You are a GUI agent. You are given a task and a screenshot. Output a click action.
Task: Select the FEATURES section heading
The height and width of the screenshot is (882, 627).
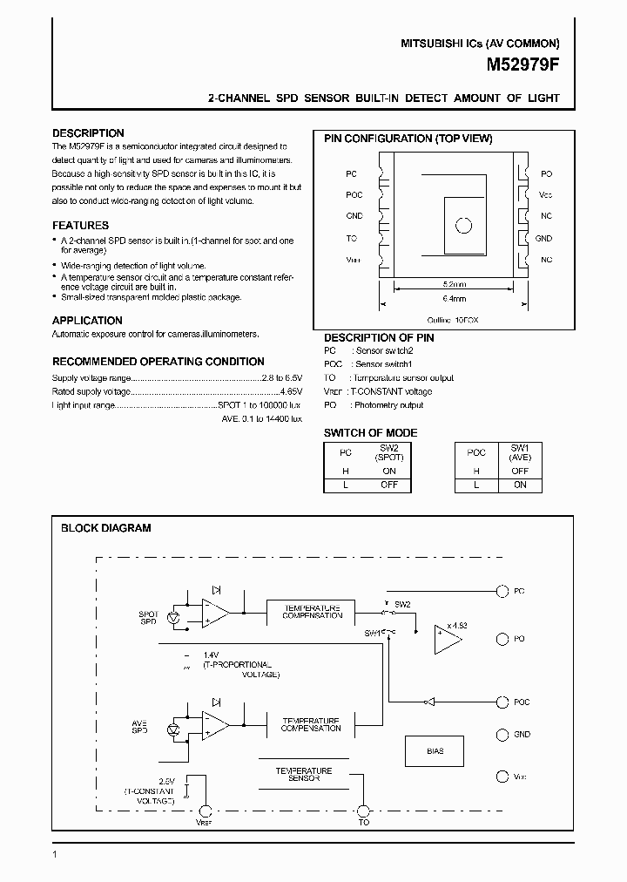point(80,226)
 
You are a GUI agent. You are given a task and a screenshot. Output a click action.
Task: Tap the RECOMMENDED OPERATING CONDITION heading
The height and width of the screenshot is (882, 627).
point(158,362)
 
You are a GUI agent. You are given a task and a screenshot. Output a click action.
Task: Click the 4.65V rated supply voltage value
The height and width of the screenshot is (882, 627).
point(290,392)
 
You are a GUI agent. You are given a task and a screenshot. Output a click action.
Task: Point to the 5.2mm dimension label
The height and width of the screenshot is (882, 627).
point(455,284)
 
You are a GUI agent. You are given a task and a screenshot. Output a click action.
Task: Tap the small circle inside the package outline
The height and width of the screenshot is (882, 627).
point(463,225)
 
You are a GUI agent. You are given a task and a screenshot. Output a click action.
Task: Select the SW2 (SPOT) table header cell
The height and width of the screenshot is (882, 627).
point(389,453)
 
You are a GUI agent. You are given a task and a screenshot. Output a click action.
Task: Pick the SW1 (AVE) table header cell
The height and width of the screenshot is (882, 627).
point(520,453)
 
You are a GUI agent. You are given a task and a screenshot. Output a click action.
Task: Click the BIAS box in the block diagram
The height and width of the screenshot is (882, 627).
point(435,750)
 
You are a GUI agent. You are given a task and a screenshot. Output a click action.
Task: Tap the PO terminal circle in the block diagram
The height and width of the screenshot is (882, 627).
point(501,639)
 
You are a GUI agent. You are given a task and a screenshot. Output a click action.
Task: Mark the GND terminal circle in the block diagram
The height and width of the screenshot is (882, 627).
point(501,735)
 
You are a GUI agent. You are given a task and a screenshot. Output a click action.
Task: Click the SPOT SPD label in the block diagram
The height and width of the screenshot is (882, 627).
point(148,617)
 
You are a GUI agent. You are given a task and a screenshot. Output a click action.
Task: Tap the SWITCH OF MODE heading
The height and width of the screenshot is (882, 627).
point(370,433)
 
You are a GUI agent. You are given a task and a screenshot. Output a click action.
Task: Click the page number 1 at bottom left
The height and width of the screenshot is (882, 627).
point(54,854)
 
